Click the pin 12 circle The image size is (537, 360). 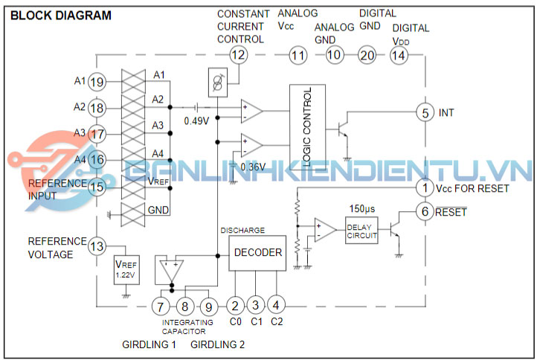click(238, 54)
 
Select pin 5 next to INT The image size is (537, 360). click(425, 112)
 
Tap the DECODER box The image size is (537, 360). click(258, 253)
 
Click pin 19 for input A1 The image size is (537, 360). click(96, 82)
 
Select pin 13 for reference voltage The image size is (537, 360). click(96, 247)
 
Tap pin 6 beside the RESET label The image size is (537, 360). click(425, 211)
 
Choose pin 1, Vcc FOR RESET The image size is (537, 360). click(425, 187)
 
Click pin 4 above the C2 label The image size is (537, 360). click(276, 305)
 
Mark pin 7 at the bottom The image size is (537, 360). click(160, 305)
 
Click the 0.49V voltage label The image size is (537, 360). click(196, 121)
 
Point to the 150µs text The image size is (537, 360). click(362, 208)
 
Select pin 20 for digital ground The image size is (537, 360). click(367, 54)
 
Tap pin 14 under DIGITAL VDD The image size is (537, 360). click(399, 54)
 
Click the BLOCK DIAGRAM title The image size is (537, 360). click(62, 15)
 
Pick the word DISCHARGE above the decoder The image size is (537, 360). click(242, 230)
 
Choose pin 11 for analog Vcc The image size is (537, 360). click(298, 54)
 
